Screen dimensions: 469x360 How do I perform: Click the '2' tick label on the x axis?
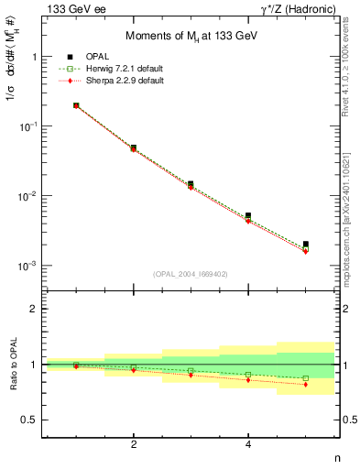[134, 444]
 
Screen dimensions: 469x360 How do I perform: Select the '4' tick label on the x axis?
[248, 444]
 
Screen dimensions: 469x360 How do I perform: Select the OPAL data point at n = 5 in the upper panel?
[305, 245]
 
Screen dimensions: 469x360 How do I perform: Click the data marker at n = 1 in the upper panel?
[76, 105]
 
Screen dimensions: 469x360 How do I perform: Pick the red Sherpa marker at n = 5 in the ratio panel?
[305, 385]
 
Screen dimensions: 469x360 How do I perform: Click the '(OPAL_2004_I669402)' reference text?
[191, 273]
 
